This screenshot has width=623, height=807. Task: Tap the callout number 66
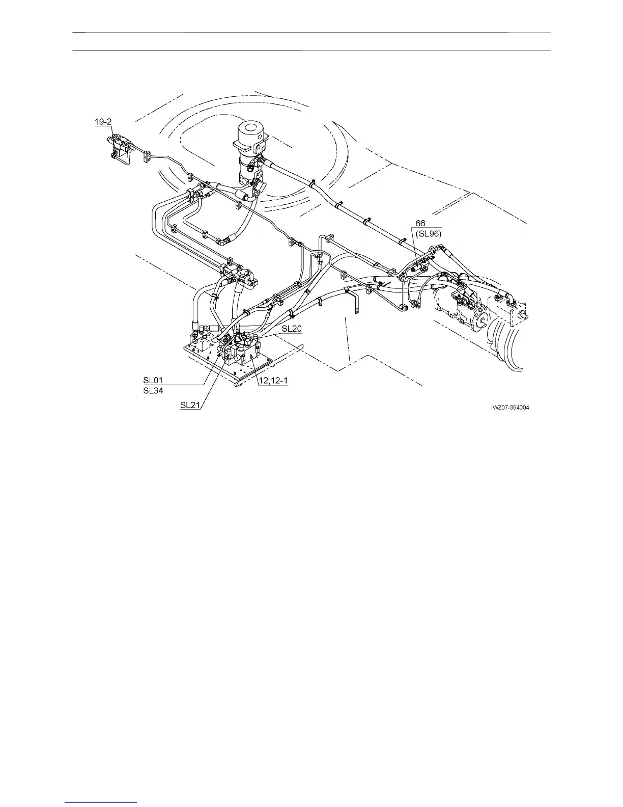pos(420,223)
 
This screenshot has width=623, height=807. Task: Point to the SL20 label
pos(291,329)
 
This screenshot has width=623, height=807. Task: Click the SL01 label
pos(153,380)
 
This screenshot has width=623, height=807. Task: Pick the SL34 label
pos(153,391)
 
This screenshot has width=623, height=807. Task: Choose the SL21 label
pos(190,406)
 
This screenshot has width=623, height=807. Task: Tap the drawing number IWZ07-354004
pos(514,407)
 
